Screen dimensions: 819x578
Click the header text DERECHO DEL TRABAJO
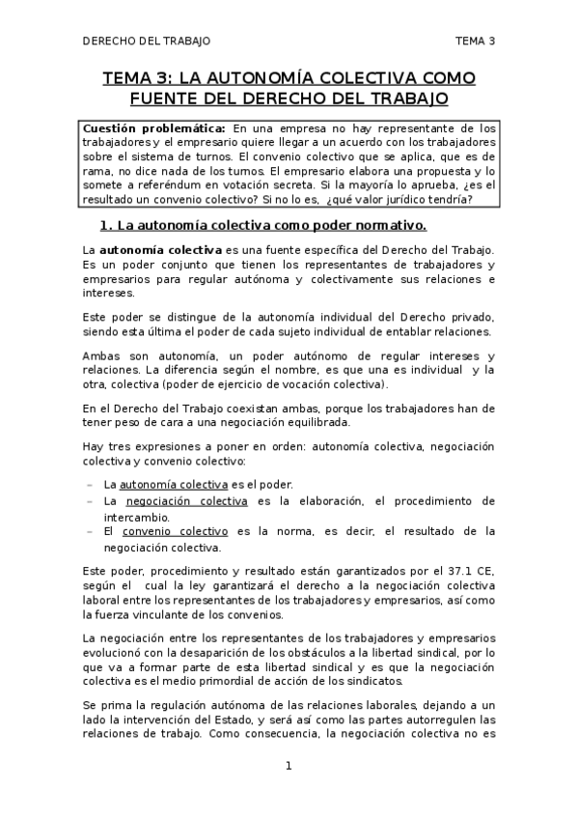tap(146, 41)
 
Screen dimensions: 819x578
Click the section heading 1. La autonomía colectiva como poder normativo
tap(263, 226)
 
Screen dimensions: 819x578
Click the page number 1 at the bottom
tap(288, 767)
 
